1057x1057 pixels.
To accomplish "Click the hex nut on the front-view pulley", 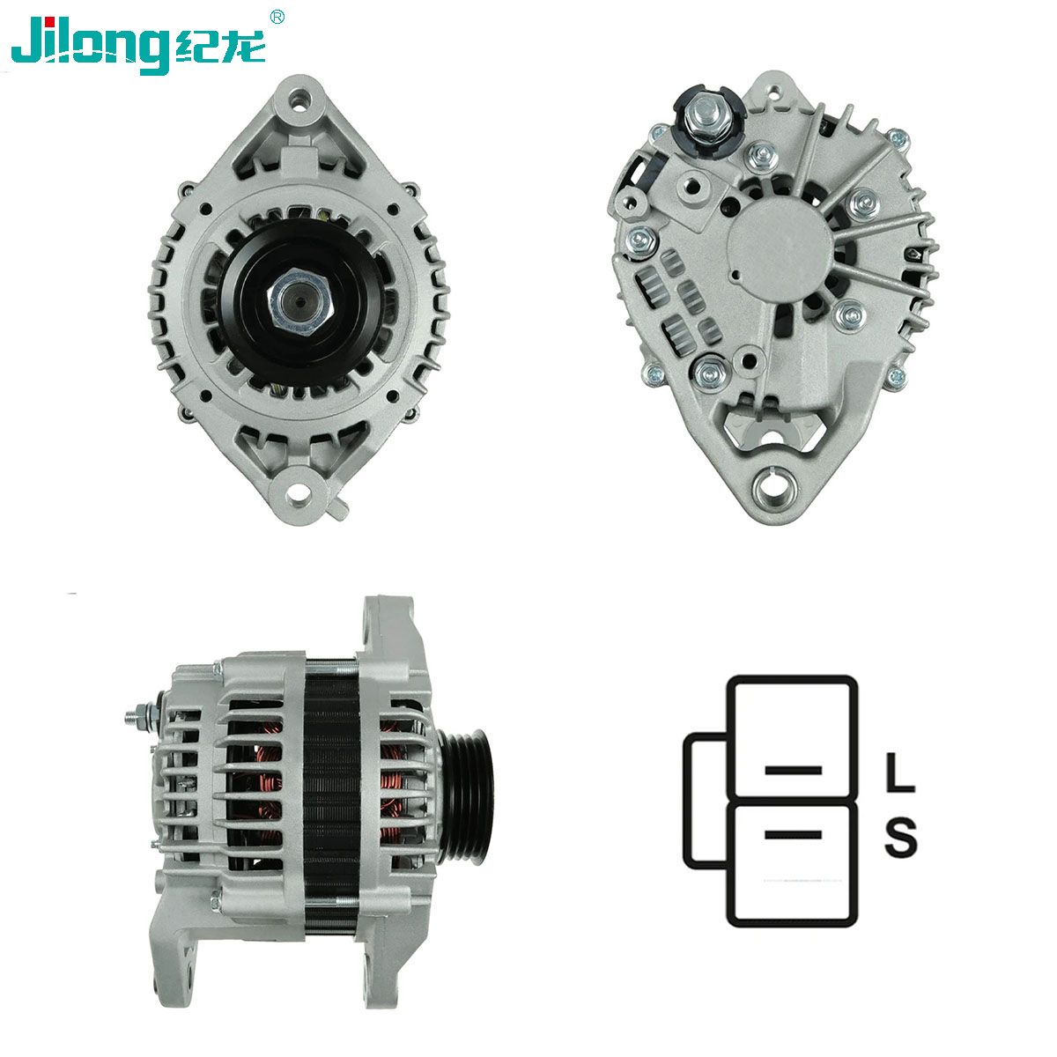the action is (300, 302).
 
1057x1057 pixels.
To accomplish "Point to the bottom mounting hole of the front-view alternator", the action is (299, 490).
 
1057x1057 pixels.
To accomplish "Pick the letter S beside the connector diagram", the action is (901, 838).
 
